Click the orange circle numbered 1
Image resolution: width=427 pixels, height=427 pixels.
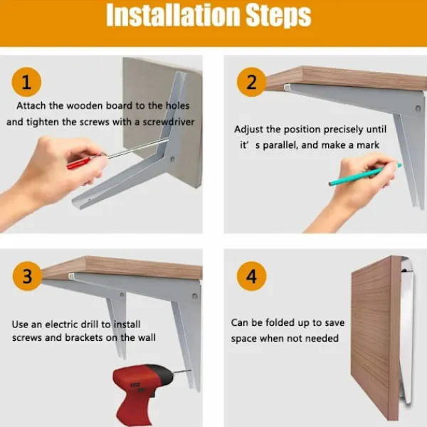[x=26, y=82]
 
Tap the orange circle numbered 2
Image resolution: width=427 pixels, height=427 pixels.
[x=251, y=82]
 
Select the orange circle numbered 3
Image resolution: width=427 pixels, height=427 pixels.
[x=27, y=276]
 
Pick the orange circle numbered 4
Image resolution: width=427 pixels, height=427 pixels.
[x=251, y=276]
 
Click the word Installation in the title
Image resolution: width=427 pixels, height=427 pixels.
[x=172, y=15]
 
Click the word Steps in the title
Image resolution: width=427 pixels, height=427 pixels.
[x=278, y=16]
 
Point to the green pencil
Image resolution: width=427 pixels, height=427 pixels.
[x=365, y=174]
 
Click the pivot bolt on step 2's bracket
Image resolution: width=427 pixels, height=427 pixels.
[x=418, y=109]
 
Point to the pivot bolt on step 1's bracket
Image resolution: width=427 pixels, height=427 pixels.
[x=172, y=159]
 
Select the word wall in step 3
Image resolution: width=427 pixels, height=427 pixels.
[x=147, y=337]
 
